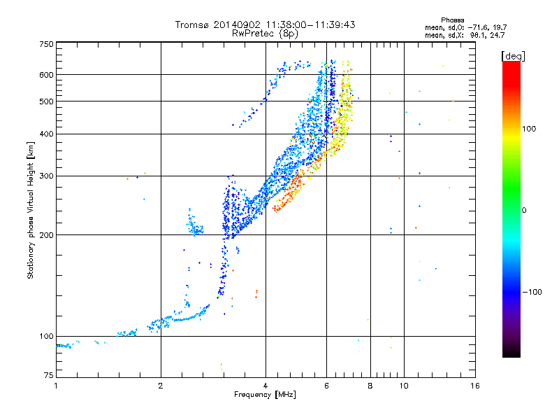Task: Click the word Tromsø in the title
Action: click(192, 24)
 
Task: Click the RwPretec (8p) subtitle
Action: click(265, 34)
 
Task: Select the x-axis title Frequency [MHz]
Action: click(265, 395)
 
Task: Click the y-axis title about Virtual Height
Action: click(31, 211)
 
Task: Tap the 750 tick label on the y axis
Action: click(46, 44)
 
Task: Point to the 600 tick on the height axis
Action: click(46, 75)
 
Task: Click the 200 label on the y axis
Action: click(46, 235)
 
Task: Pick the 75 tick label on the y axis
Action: click(49, 375)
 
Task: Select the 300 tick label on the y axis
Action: click(46, 176)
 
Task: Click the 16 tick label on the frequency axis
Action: click(475, 386)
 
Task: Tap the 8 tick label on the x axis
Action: click(370, 386)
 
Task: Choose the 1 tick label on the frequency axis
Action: click(56, 386)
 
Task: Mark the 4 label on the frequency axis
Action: click(266, 386)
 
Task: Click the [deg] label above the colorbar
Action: click(513, 56)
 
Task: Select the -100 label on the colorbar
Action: click(532, 292)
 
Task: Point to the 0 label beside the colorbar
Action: click(524, 211)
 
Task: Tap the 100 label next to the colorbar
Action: click(529, 129)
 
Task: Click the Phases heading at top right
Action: click(452, 20)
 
